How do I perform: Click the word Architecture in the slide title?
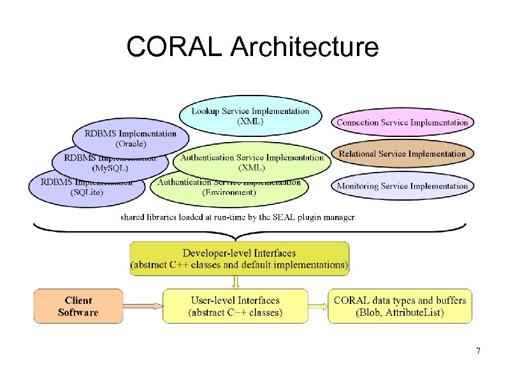[x=304, y=47]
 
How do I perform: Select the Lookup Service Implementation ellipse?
[x=250, y=115]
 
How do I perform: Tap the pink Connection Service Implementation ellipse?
[x=402, y=122]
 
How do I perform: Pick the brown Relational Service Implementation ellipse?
[x=402, y=154]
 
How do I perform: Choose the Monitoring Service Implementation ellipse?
[x=402, y=186]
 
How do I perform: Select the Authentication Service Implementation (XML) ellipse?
[x=252, y=162]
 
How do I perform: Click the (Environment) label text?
[x=229, y=192]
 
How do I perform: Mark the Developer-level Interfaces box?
[x=239, y=259]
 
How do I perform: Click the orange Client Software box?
[x=78, y=306]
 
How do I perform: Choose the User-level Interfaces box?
[x=235, y=306]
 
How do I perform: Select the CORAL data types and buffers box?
[x=400, y=306]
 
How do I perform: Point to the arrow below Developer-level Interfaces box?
[x=235, y=282]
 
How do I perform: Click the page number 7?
[x=478, y=352]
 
